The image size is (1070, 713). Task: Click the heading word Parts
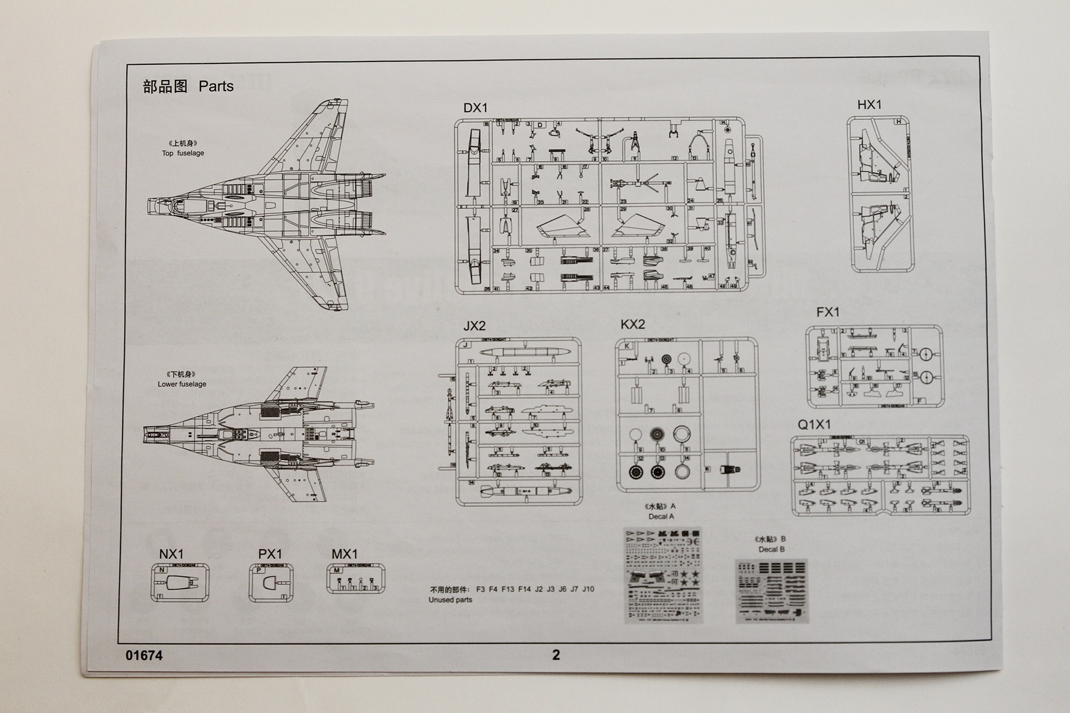click(x=216, y=86)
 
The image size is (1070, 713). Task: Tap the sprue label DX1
click(x=475, y=108)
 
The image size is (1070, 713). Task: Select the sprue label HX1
click(x=869, y=105)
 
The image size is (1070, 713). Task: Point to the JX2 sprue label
click(x=474, y=326)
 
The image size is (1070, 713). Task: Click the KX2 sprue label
click(x=633, y=324)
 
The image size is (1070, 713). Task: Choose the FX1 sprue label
click(x=828, y=312)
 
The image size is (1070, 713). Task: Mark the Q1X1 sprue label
click(x=815, y=424)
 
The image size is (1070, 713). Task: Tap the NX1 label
click(x=171, y=554)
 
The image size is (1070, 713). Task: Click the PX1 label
click(x=270, y=554)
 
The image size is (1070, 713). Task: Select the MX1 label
click(x=345, y=554)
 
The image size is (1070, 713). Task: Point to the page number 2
click(x=556, y=655)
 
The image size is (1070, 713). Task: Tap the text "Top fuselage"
click(x=183, y=153)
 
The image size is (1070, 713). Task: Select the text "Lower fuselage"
click(x=182, y=384)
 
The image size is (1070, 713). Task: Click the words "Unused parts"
click(x=450, y=600)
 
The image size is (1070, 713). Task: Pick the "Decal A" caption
click(x=661, y=516)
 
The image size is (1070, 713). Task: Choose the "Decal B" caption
click(x=772, y=550)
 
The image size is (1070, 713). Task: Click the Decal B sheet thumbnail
click(x=773, y=591)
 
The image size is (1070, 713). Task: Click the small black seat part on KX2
click(x=728, y=470)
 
